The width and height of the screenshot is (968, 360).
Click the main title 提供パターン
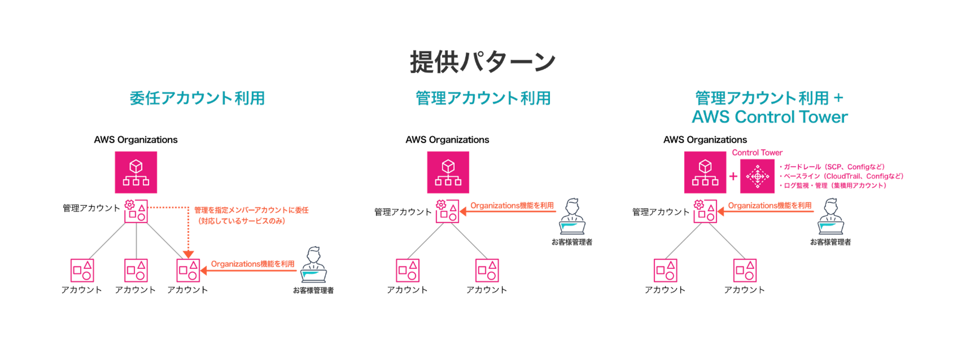pyautogui.click(x=483, y=61)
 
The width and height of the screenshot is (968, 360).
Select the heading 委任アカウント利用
pyautogui.click(x=197, y=98)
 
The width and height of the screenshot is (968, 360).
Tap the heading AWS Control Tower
pyautogui.click(x=769, y=117)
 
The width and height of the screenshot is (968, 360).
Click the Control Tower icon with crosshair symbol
pyautogui.click(x=757, y=176)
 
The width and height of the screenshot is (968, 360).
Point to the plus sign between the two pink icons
pyautogui.click(x=733, y=176)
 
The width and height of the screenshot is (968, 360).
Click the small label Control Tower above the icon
pyautogui.click(x=757, y=153)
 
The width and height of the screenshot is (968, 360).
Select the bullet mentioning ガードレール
pyautogui.click(x=832, y=167)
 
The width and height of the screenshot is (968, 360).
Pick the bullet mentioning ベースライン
pyautogui.click(x=841, y=176)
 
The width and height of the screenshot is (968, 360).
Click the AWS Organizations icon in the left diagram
pyautogui.click(x=136, y=172)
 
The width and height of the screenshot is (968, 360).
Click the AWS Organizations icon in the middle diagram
pyautogui.click(x=448, y=172)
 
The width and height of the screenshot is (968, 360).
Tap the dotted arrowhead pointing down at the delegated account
pyautogui.click(x=188, y=254)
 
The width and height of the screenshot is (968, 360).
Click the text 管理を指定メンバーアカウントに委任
pyautogui.click(x=251, y=210)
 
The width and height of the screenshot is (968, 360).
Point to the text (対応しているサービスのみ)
pyautogui.click(x=242, y=221)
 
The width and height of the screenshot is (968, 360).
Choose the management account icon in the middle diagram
pyautogui.click(x=447, y=211)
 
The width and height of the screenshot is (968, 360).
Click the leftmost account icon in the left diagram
pyautogui.click(x=82, y=270)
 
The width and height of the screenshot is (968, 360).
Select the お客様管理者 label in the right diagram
pyautogui.click(x=830, y=242)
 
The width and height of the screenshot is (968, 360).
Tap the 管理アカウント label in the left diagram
pyautogui.click(x=91, y=208)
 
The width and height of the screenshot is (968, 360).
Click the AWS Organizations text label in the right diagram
pyautogui.click(x=705, y=140)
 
